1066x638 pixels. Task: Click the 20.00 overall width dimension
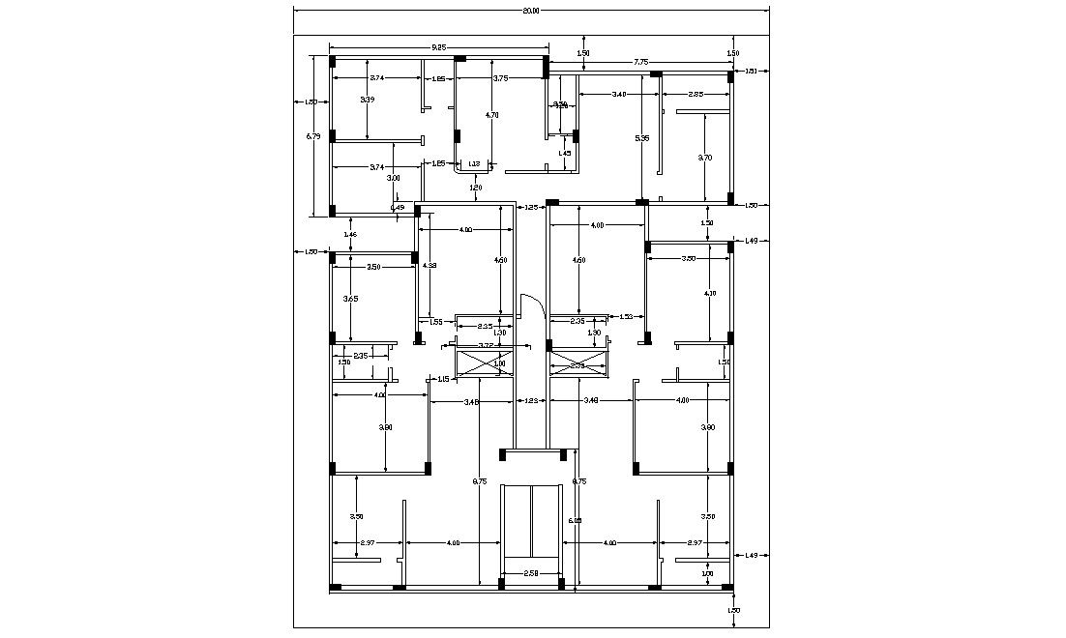click(531, 11)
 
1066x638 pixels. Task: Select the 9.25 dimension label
click(438, 46)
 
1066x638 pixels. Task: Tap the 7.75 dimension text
click(640, 63)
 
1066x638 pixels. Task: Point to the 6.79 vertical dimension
click(312, 137)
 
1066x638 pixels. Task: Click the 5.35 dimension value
click(641, 138)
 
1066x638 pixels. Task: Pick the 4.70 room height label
click(491, 115)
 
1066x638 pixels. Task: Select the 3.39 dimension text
click(368, 100)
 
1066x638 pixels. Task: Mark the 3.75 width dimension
click(500, 78)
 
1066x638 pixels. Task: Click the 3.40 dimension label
click(619, 94)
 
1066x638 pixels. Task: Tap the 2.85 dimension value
click(696, 94)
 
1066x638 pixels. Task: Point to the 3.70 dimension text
click(705, 157)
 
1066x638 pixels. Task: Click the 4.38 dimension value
click(430, 266)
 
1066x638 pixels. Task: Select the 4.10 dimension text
click(710, 293)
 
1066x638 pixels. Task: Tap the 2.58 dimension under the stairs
click(531, 574)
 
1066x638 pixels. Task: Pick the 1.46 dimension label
click(350, 235)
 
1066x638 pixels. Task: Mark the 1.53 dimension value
click(625, 316)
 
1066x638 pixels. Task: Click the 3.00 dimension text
click(393, 179)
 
